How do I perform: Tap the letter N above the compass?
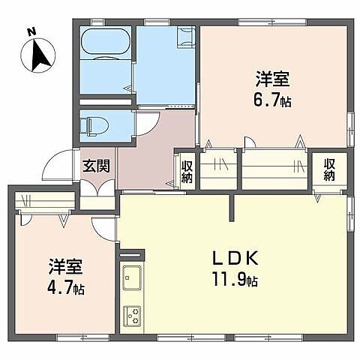tap(31, 31)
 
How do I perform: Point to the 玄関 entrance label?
tap(97, 165)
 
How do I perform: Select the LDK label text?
tap(234, 259)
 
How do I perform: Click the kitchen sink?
tap(132, 278)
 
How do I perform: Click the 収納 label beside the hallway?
tap(186, 170)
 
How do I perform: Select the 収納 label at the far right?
tap(330, 169)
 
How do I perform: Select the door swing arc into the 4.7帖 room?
tap(101, 228)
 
